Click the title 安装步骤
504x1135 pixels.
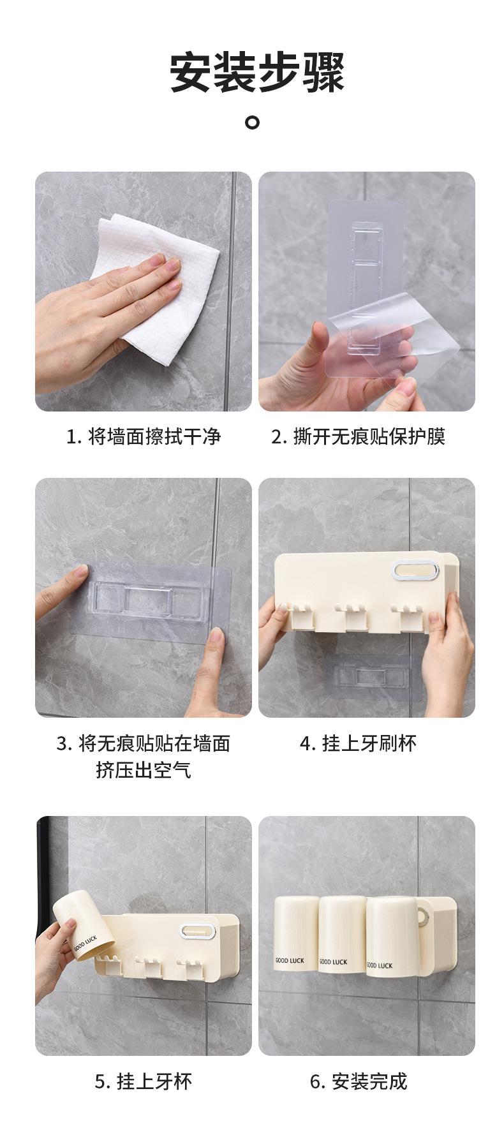click(x=257, y=73)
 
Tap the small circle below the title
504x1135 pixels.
click(x=253, y=121)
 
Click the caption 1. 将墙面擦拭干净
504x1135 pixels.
click(x=144, y=436)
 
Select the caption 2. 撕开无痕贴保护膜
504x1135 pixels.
click(x=359, y=436)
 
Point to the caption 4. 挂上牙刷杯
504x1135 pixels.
click(x=358, y=743)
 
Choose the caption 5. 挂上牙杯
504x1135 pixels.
click(x=144, y=1081)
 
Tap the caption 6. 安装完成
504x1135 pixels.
click(x=359, y=1081)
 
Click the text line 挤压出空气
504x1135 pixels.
click(x=144, y=770)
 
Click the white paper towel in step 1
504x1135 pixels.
click(x=159, y=287)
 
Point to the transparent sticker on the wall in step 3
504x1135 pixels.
click(x=149, y=598)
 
